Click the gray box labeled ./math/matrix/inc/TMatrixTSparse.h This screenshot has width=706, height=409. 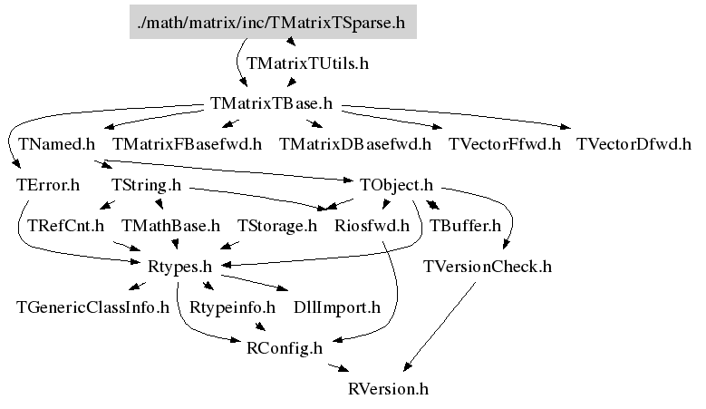(273, 23)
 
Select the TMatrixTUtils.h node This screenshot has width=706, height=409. (307, 64)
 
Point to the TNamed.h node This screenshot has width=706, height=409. (56, 143)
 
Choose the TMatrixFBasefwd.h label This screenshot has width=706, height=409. (187, 143)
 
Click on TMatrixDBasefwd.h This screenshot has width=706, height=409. (355, 143)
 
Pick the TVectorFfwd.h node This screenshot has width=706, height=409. (504, 143)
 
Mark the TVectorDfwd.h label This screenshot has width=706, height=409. (633, 143)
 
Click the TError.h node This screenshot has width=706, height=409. (48, 186)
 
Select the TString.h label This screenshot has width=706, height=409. (146, 186)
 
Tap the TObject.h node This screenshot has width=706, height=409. (397, 186)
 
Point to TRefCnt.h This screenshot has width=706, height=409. (66, 225)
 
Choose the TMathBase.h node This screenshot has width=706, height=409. (170, 225)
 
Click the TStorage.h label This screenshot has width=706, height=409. (277, 225)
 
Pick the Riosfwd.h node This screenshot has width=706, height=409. (372, 225)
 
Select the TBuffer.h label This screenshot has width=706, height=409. (465, 225)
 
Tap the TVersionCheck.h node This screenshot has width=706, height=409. (488, 267)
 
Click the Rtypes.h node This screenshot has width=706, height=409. (179, 267)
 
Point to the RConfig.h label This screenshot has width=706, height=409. (285, 348)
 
